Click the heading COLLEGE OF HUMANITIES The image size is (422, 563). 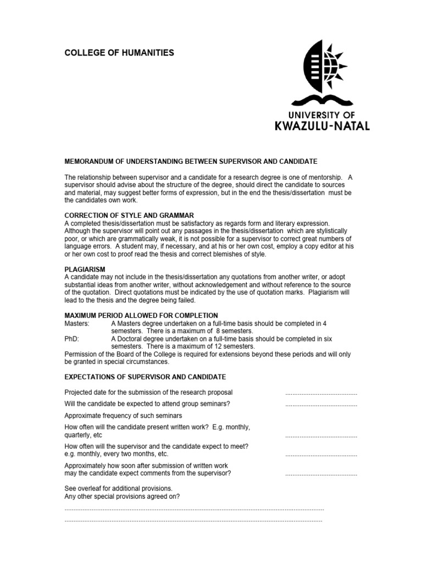click(119, 53)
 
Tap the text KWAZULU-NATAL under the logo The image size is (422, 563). click(322, 126)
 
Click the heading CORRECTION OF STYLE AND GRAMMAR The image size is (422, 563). click(129, 215)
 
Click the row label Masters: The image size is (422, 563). click(77, 323)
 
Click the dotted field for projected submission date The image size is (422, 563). click(321, 394)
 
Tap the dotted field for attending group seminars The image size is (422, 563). click(321, 405)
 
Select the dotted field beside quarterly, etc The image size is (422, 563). click(321, 435)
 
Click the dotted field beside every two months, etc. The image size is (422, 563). click(321, 455)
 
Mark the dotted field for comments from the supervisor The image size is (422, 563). click(321, 474)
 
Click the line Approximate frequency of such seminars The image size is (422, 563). click(123, 416)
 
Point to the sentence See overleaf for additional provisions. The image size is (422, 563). click(119, 488)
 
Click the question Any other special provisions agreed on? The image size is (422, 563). click(122, 496)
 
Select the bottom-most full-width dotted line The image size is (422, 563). click(193, 520)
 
